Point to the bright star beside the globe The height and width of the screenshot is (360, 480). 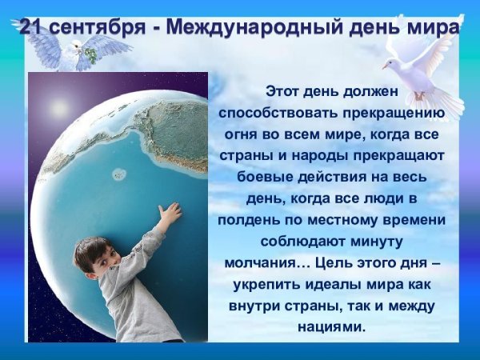pyautogui.click(x=59, y=107)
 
